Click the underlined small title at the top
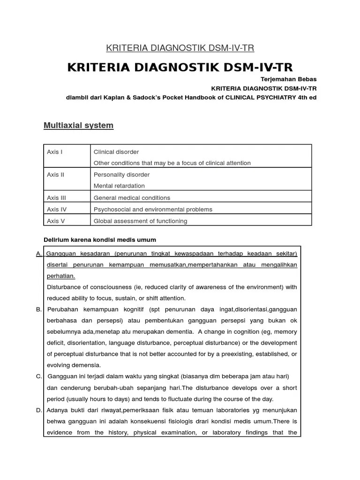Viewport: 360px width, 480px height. [180, 48]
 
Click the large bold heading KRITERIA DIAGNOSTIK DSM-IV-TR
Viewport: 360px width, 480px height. [180, 67]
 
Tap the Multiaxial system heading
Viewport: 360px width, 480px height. [78, 125]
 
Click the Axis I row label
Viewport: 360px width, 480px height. [54, 152]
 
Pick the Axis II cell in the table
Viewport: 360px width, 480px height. [55, 174]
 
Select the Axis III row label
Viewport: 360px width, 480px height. [56, 198]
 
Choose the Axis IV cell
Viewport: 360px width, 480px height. [57, 210]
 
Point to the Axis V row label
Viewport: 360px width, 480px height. [56, 221]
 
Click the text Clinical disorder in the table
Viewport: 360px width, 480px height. [116, 152]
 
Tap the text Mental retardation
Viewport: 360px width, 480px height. [119, 186]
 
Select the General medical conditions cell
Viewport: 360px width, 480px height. [132, 198]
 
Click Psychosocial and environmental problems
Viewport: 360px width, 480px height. [153, 210]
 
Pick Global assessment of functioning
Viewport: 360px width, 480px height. [140, 221]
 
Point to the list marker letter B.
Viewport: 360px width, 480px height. [38, 309]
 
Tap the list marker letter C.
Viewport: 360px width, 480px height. [38, 376]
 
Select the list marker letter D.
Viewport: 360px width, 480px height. [38, 410]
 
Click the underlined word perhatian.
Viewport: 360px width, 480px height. [61, 276]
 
